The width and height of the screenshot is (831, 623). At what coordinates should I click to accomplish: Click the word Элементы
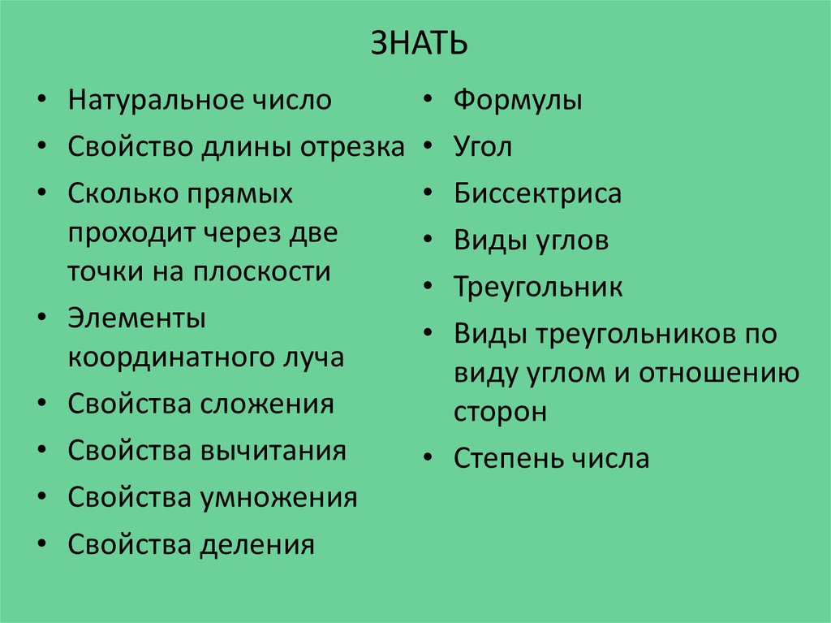click(136, 318)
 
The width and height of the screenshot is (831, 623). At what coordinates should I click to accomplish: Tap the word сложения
click(268, 404)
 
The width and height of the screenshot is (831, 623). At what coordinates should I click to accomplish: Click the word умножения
click(279, 497)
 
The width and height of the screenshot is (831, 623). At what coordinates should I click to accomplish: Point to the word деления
click(256, 544)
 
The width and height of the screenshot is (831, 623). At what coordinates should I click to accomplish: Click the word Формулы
click(518, 101)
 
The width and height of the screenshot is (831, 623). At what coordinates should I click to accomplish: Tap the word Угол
click(483, 147)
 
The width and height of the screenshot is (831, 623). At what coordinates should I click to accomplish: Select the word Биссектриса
click(537, 194)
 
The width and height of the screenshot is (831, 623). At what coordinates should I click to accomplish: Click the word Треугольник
click(538, 288)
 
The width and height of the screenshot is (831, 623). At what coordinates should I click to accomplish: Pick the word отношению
click(719, 373)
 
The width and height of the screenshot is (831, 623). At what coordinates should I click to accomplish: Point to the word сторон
click(500, 412)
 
